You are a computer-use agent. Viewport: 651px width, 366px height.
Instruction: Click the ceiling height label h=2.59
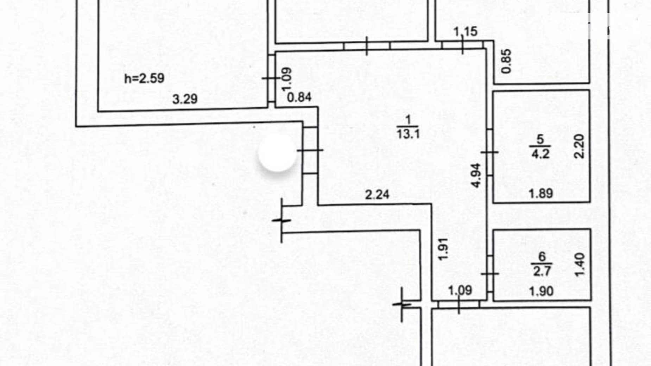(x=144, y=78)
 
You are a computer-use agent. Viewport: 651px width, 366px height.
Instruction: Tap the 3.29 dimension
(x=185, y=99)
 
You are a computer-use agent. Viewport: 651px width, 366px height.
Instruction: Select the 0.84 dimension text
(x=299, y=97)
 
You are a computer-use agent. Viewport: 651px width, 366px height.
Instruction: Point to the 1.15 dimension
(x=465, y=31)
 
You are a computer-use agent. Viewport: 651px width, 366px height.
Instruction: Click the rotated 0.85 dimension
(x=506, y=61)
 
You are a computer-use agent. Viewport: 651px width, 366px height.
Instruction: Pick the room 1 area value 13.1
(x=408, y=134)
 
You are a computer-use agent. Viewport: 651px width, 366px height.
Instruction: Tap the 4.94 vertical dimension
(x=476, y=175)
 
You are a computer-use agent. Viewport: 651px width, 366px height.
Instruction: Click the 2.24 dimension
(x=377, y=194)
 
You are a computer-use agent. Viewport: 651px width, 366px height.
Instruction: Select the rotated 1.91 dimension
(x=443, y=249)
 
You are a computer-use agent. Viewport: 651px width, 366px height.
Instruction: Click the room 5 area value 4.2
(x=540, y=154)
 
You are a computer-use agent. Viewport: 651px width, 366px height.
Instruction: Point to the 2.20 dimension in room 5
(x=579, y=146)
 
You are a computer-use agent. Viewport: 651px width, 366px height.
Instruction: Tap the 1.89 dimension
(x=541, y=193)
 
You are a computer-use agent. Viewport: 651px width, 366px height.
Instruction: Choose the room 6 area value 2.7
(x=542, y=271)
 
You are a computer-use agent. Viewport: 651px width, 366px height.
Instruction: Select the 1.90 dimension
(x=541, y=291)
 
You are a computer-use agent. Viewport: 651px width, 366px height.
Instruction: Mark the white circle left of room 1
(x=277, y=153)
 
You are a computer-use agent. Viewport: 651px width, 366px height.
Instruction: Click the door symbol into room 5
(x=489, y=152)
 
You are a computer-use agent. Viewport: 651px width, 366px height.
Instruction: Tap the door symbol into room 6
(x=490, y=273)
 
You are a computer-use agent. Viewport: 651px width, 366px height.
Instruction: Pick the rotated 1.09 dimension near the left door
(x=287, y=79)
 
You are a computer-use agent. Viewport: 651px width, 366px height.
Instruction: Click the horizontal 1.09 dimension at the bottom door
(x=460, y=290)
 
